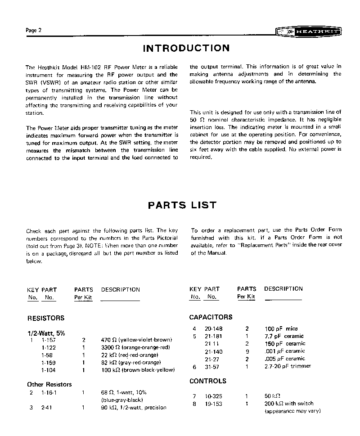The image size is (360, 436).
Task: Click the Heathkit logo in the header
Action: point(308,32)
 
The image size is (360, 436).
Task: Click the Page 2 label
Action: point(34,30)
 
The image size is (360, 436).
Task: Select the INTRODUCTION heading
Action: point(186,48)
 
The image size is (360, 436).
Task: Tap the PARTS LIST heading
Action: point(182,206)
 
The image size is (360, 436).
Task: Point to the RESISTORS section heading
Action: point(46,318)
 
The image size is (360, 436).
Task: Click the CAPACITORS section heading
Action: point(211,317)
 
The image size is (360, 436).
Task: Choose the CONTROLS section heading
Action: point(207,381)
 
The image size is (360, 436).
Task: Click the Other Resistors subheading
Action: point(49,385)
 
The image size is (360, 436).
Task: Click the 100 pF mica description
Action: point(281,329)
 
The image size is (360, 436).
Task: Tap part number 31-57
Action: point(213,367)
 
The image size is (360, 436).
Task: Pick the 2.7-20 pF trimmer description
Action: point(288,367)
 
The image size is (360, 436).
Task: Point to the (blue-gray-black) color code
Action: point(122,400)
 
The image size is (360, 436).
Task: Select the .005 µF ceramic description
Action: point(284,359)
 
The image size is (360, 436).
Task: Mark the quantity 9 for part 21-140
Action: point(247,351)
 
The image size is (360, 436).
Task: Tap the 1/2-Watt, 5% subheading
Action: point(46,333)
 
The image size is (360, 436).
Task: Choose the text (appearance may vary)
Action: point(292,411)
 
